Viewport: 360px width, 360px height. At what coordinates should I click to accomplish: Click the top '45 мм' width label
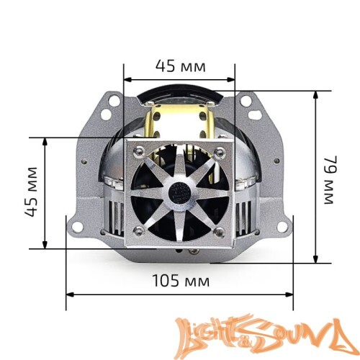pos(180,66)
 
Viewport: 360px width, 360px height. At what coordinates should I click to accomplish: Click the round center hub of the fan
pos(179,191)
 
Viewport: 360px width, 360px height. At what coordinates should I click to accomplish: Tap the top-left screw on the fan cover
pos(136,150)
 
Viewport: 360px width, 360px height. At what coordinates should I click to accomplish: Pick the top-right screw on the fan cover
pos(222,150)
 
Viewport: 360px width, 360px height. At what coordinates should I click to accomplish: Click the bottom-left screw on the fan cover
pos(136,231)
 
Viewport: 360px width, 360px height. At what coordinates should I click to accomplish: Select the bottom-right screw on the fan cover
pos(222,231)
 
